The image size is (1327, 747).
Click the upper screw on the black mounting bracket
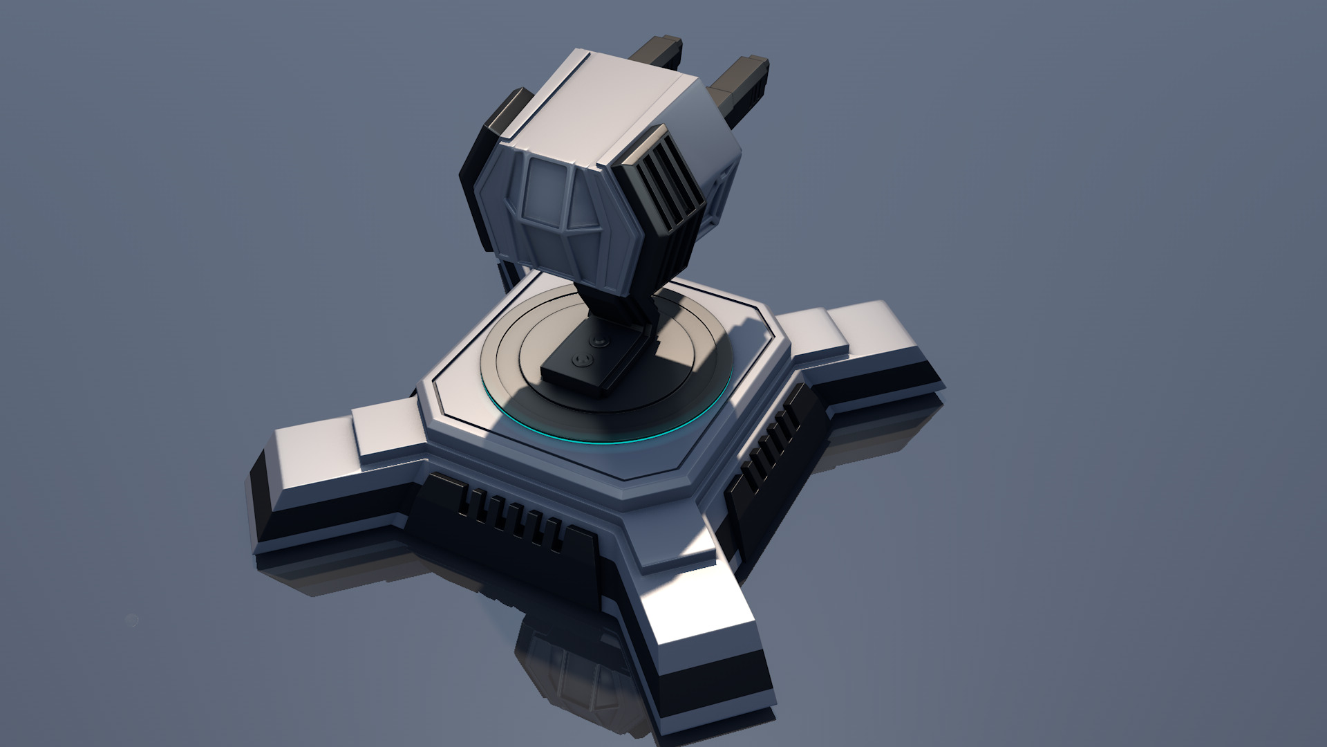[x=599, y=341]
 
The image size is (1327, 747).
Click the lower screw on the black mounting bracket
[x=582, y=359]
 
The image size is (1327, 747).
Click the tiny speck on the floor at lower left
[x=133, y=620]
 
